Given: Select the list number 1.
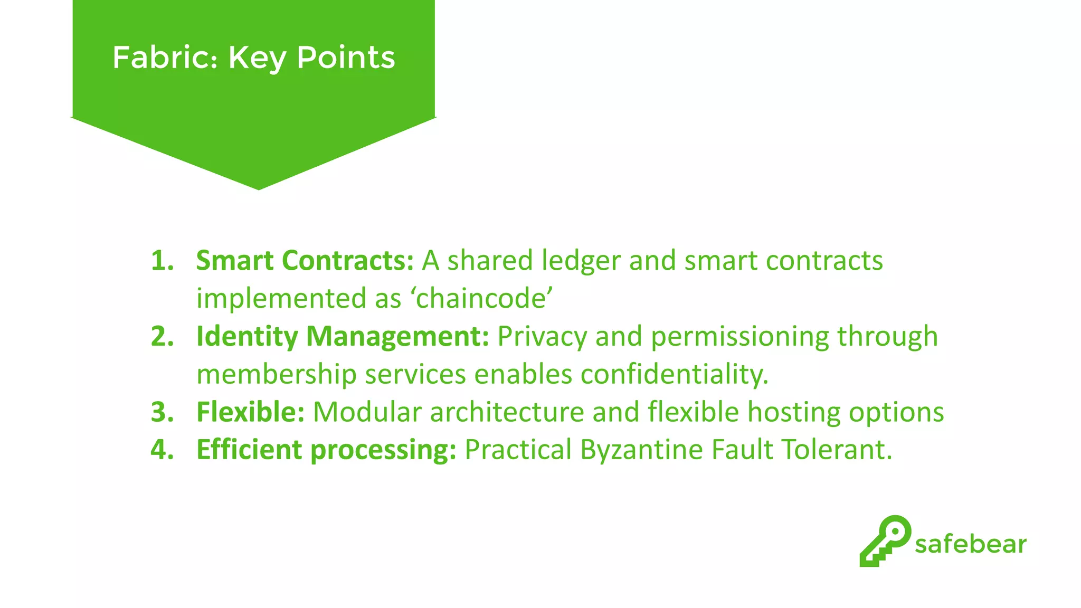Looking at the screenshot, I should (162, 261).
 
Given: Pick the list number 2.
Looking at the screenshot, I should (162, 336).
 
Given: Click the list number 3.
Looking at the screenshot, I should (162, 412).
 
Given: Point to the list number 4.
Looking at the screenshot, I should (162, 450).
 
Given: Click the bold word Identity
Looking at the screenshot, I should (247, 336).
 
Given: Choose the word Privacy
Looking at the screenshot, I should (542, 336).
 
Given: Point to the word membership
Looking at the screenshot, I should (276, 374).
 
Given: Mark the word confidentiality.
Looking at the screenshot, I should (674, 374).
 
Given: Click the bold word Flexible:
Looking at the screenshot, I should (250, 412).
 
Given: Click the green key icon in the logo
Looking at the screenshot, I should (885, 541).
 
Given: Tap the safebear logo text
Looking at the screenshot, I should (970, 544).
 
